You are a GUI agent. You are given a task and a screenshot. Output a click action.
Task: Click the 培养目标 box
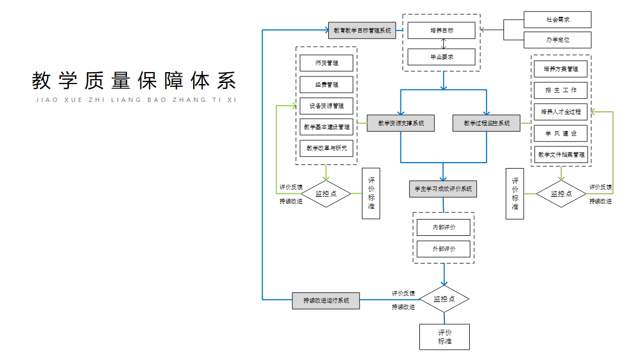[441, 30]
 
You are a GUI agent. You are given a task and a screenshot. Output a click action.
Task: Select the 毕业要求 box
[441, 57]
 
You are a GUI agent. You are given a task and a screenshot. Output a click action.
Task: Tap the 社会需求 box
[557, 20]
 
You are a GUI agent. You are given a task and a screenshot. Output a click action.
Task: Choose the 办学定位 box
[557, 40]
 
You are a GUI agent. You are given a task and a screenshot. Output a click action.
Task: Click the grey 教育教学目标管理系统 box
[362, 30]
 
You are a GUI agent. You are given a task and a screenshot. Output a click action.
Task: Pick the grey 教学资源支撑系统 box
[400, 123]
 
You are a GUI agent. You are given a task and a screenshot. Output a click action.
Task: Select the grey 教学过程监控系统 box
[486, 123]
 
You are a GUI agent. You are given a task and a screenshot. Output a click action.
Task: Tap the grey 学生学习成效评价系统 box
[443, 189]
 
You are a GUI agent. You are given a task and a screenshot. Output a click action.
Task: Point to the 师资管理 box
[326, 63]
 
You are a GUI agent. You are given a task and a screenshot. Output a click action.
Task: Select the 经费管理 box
[326, 85]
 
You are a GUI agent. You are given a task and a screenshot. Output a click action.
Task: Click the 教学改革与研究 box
[326, 148]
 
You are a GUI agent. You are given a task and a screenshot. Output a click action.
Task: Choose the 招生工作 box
[561, 90]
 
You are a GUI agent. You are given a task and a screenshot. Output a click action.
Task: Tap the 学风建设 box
[561, 133]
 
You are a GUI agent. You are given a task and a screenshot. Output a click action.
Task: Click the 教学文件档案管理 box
[561, 155]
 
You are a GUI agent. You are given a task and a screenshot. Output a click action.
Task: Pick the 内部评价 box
[443, 227]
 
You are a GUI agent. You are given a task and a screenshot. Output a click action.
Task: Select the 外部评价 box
[443, 249]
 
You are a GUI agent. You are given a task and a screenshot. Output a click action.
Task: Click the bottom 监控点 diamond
[444, 299]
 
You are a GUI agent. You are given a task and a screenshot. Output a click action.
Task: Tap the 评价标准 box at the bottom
[444, 337]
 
